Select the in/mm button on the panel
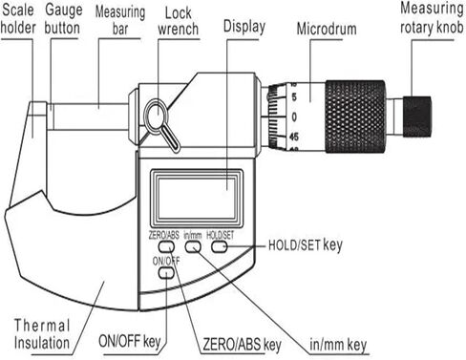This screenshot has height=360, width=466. coord(192,246)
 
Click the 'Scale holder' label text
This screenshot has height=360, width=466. coord(19,20)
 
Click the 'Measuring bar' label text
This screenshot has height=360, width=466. coord(122,20)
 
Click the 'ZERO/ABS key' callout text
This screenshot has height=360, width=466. coord(242,343)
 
